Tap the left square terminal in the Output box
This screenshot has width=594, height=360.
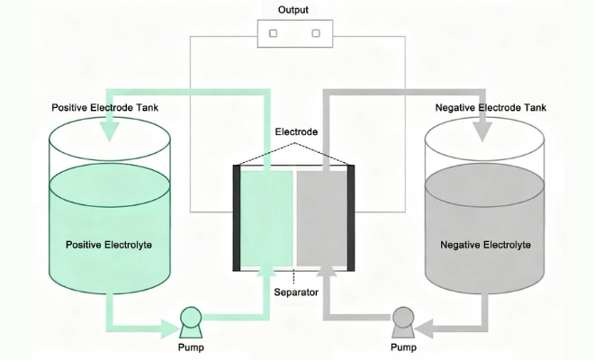point(273,33)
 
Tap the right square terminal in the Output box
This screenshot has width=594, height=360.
point(316,33)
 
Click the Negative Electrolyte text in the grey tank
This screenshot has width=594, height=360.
point(485,244)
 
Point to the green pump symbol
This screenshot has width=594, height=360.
point(191,319)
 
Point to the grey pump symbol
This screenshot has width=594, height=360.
point(402,319)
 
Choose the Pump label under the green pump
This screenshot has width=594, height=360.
point(191,346)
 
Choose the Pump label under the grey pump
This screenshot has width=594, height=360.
point(402,346)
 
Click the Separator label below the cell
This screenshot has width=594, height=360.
point(295,292)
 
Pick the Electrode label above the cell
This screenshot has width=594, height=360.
point(295,133)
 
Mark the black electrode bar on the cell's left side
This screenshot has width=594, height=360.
point(237,218)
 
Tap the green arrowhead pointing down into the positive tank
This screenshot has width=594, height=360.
point(111,131)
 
